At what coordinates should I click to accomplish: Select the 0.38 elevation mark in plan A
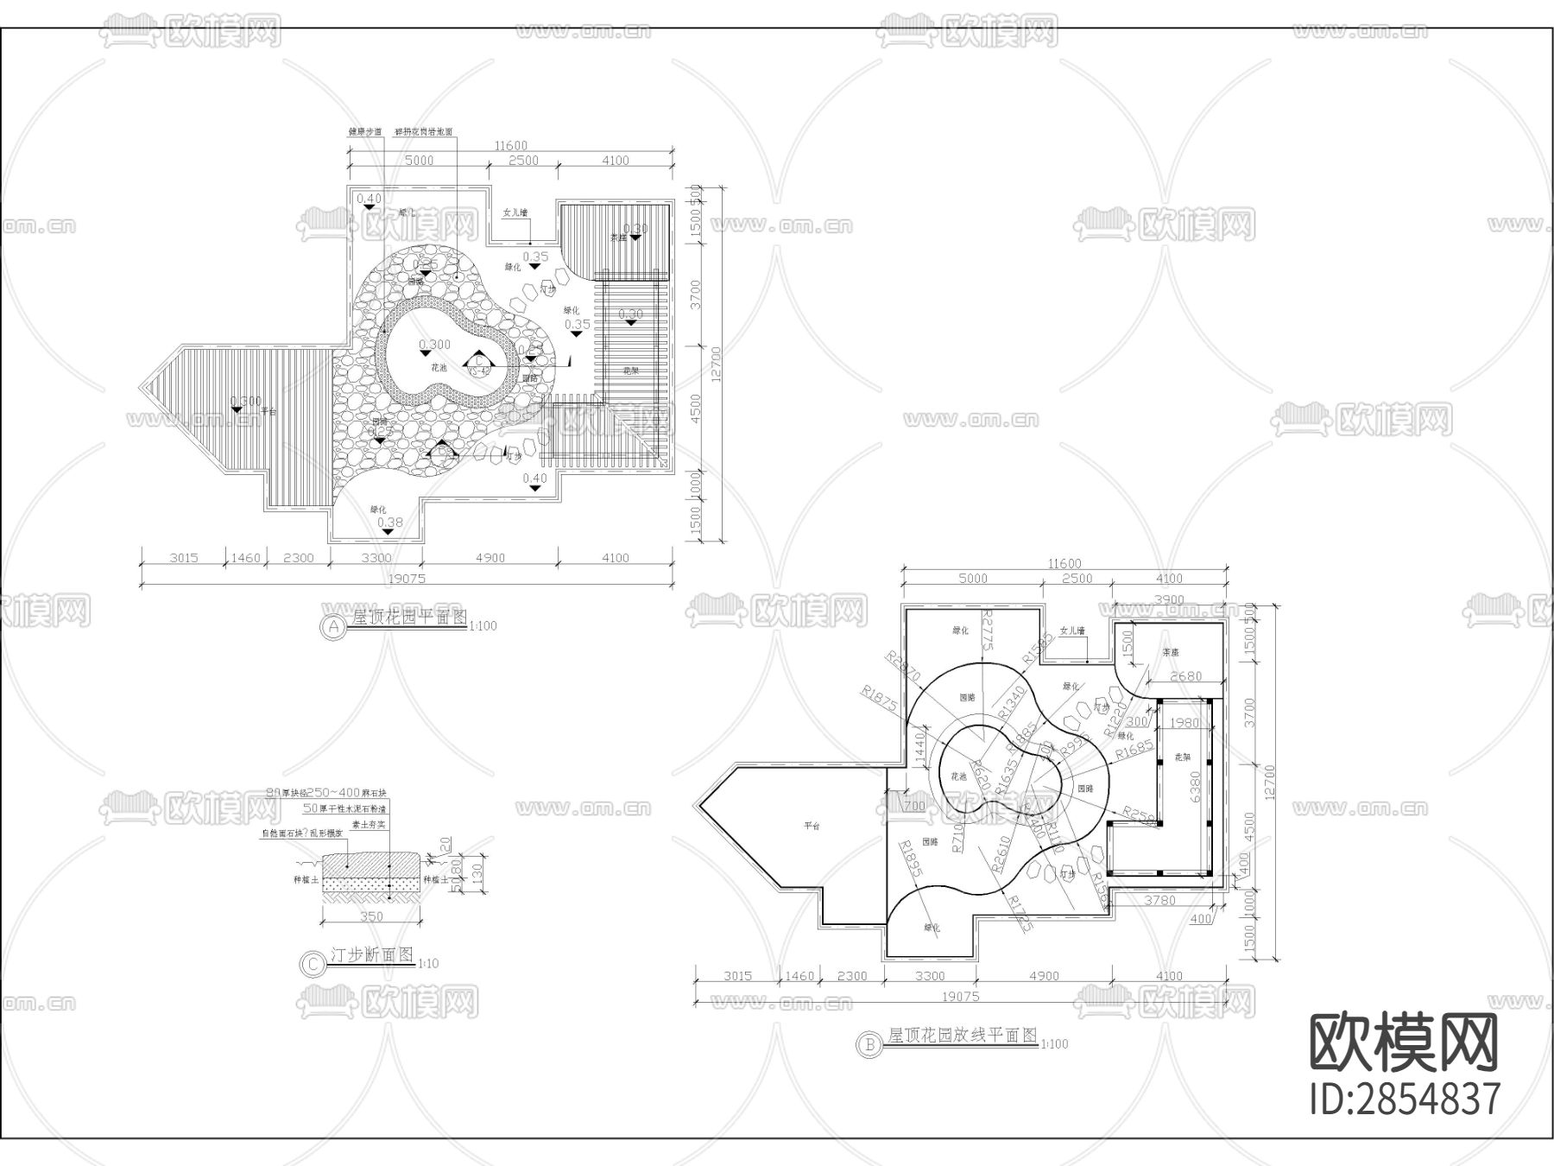tap(390, 522)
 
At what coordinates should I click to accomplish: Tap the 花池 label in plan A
tap(439, 368)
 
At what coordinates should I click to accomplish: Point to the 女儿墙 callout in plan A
tap(515, 212)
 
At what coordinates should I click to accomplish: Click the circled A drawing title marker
tap(333, 626)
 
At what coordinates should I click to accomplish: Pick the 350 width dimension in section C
tap(371, 916)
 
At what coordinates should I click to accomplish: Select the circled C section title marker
tap(310, 963)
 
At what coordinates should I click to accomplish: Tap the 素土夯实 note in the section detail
tap(369, 823)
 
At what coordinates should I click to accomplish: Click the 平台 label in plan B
tap(812, 826)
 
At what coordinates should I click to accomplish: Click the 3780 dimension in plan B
tap(1159, 901)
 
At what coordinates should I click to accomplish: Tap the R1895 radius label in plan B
tap(911, 859)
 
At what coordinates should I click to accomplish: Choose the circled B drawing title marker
tap(868, 1044)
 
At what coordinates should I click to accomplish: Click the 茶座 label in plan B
tap(1170, 652)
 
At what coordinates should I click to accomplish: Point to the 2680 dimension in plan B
tap(1184, 676)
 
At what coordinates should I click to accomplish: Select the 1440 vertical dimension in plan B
tap(919, 741)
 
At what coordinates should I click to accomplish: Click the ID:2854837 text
tap(1405, 1099)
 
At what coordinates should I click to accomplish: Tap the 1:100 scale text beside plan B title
tap(1055, 1044)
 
